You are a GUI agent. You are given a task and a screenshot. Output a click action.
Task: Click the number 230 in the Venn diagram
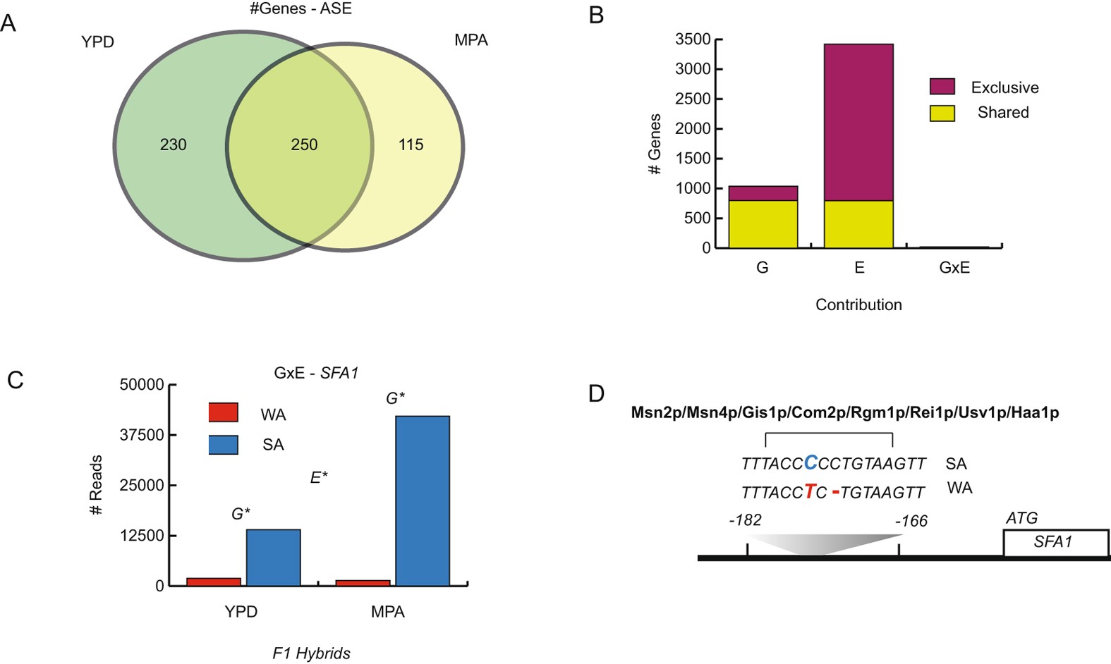point(173,145)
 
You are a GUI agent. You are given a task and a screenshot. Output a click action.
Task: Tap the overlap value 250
point(304,145)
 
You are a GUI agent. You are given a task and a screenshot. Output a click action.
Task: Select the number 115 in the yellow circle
point(411,145)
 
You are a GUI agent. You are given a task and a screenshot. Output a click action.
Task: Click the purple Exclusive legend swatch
point(942,87)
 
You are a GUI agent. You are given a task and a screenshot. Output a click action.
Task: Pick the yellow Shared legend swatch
point(942,113)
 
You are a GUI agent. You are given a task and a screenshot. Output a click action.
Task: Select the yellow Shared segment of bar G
point(763,224)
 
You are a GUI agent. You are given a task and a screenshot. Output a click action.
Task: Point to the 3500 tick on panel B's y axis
point(693,39)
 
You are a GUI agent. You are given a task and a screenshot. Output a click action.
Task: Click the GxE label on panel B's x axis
point(954,268)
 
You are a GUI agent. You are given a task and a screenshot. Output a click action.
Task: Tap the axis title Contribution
point(858,305)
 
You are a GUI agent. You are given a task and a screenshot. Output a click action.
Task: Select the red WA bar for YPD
point(214,582)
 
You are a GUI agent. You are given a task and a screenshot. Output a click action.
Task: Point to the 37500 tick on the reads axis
point(142,435)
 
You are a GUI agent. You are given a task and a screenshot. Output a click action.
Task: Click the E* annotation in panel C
point(319,478)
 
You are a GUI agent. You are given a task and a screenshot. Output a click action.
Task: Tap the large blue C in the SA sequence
point(811,462)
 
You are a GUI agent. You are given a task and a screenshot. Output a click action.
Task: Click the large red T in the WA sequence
point(810,491)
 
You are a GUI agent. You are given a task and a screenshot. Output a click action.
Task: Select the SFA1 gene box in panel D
point(1055,542)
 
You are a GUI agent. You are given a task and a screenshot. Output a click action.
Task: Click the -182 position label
point(745,520)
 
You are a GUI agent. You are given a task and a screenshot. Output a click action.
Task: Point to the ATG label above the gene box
point(1021,518)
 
